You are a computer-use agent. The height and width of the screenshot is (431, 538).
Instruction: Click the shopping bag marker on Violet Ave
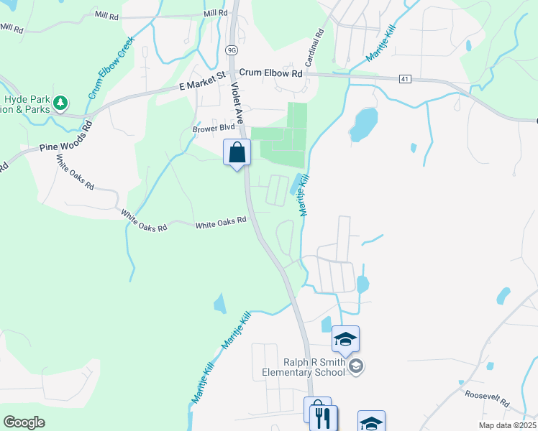[x=237, y=152]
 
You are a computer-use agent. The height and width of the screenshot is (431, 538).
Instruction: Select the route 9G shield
[x=231, y=50]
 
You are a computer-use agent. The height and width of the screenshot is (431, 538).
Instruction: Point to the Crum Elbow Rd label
[x=270, y=73]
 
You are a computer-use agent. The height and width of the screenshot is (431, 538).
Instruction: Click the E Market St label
[x=202, y=80]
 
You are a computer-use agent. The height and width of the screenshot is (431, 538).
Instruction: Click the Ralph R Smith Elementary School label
[x=303, y=367]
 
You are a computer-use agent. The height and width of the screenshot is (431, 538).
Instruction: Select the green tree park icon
[x=62, y=103]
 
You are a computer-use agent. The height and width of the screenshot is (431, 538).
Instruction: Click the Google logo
[x=24, y=422]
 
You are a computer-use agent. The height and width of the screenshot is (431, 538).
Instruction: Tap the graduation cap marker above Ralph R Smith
[x=345, y=338]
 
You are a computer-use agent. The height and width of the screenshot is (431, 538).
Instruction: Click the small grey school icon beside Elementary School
[x=355, y=367]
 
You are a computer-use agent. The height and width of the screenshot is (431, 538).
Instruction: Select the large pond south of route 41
[x=363, y=124]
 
